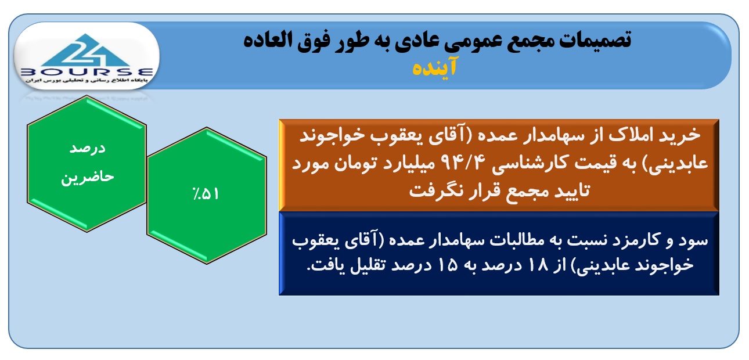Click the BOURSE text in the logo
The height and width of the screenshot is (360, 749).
[87, 72]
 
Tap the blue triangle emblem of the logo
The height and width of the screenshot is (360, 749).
[86, 49]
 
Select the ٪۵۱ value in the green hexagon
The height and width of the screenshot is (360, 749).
[206, 193]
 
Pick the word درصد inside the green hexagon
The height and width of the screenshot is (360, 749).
[88, 149]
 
